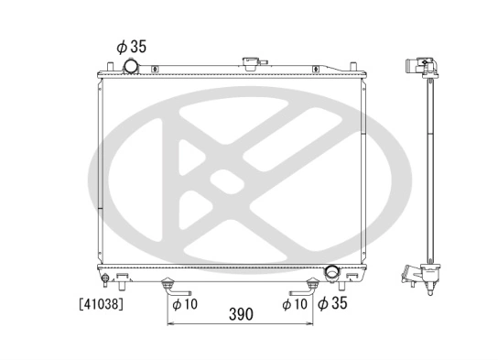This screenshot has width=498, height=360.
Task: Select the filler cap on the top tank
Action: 249,63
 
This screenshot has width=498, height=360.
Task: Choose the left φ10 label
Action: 184,303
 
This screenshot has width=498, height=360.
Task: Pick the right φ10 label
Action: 295,303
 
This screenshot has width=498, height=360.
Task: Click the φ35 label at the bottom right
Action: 334,302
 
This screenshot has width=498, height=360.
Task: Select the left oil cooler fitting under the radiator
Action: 168,285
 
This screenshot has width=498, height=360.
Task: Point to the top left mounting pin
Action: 111,65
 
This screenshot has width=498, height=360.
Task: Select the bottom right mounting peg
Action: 352,278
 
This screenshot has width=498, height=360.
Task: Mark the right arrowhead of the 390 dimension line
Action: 312,324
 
